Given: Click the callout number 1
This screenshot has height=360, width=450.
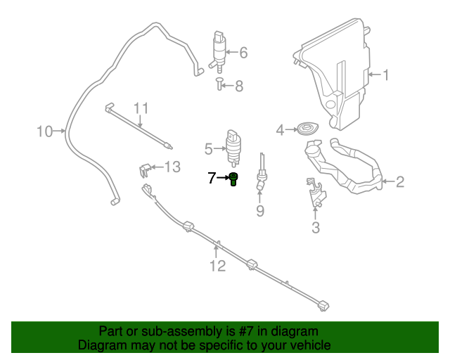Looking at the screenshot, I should (385, 75).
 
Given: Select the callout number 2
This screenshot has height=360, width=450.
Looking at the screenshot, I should (399, 183).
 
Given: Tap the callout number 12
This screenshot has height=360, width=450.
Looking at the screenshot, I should (217, 266).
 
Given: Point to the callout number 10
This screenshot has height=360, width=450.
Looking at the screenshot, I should (44, 131).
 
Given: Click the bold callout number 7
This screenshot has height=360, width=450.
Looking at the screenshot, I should (212, 179).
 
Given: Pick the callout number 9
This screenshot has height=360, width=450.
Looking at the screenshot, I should (259, 210).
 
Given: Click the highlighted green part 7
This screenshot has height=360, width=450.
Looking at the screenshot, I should (234, 179).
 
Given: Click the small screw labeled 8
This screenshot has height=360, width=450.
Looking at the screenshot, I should (220, 86).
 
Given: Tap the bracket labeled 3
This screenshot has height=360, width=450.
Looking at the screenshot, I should (316, 194).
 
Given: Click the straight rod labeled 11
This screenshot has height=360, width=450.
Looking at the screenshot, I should (141, 127).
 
